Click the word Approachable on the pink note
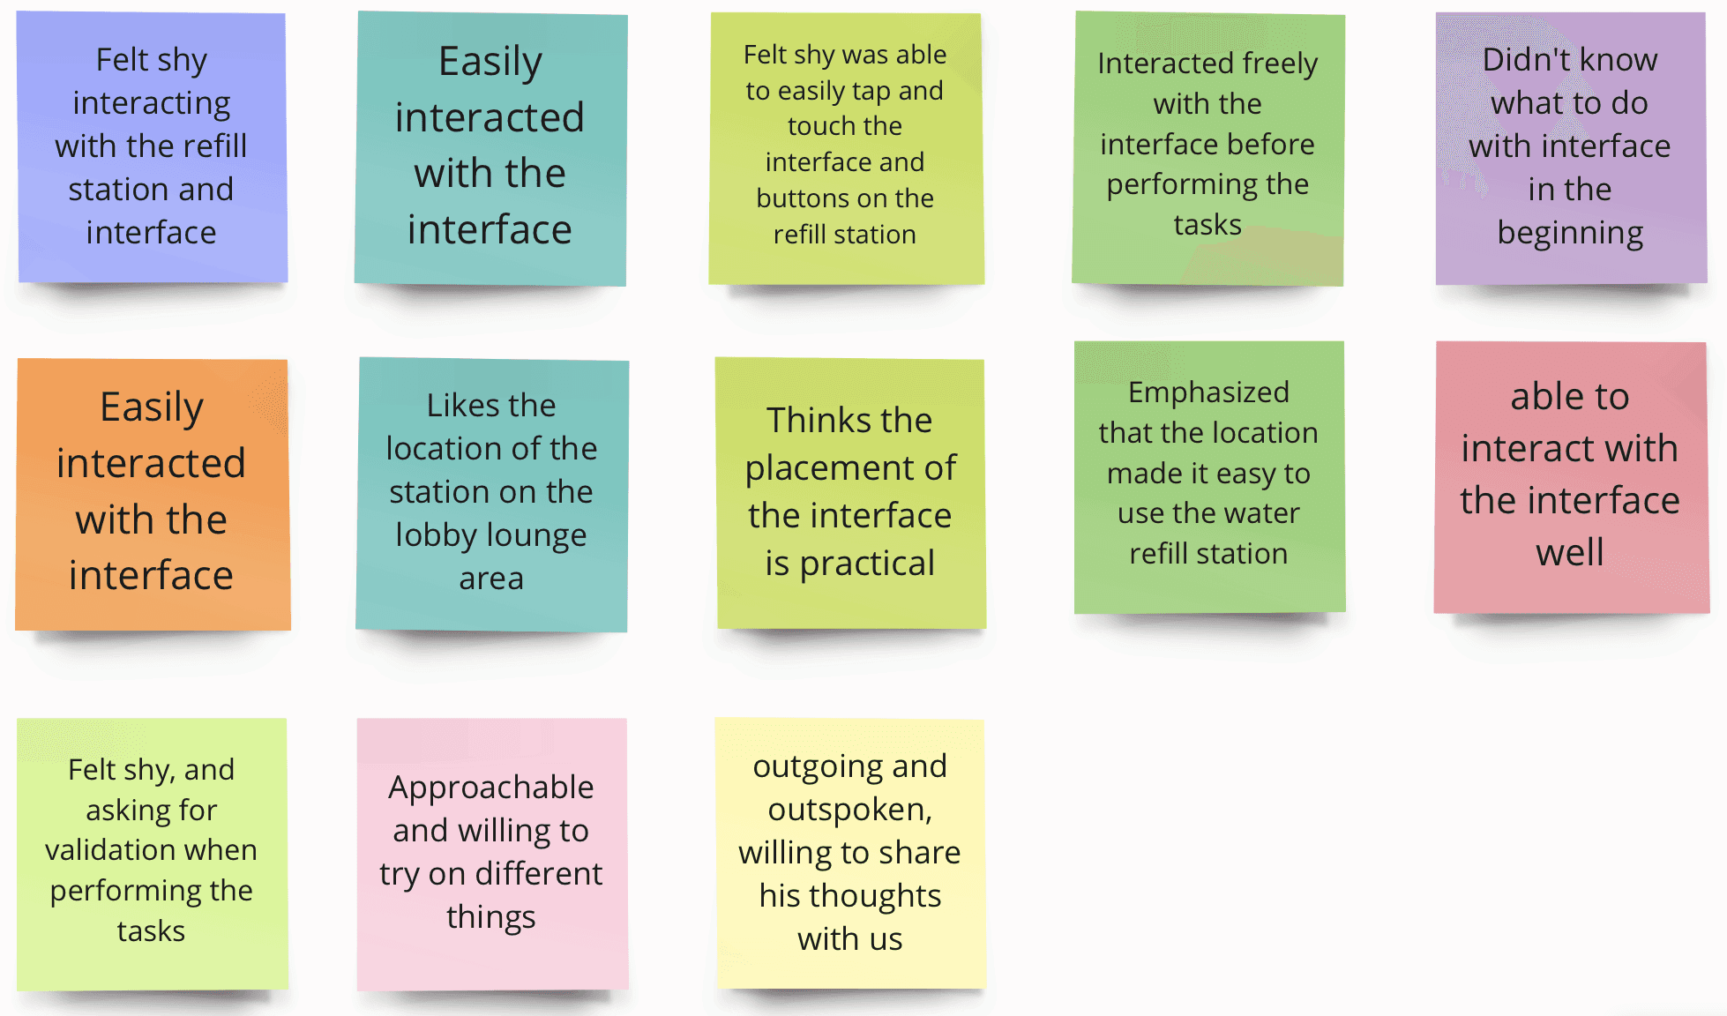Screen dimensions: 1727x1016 pos(490,787)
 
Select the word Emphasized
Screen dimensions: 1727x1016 pos(1208,392)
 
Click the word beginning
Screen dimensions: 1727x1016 pos(1570,233)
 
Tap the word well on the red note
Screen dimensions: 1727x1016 pos(1570,553)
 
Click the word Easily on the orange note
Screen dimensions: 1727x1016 pos(152,407)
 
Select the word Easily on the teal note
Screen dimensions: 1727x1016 pos(490,62)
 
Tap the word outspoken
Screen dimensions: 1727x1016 pos(849,810)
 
